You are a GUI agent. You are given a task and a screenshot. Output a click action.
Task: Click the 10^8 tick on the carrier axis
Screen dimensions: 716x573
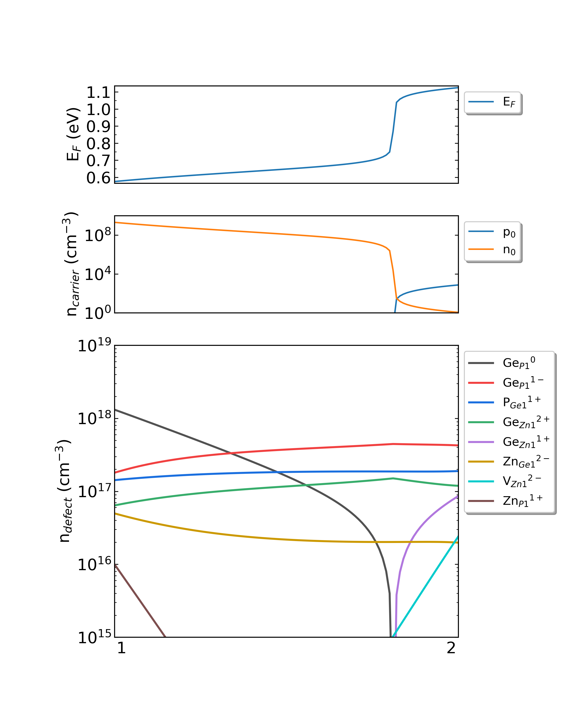[x=98, y=235]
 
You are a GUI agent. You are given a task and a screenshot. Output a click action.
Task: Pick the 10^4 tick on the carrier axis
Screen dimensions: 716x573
[x=98, y=274]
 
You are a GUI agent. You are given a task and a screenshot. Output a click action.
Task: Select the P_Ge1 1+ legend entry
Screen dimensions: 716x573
[x=503, y=402]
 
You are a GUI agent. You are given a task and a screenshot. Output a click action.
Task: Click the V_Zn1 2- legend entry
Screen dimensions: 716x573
[x=503, y=481]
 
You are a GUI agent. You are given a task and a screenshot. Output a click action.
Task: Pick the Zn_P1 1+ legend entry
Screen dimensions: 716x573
[x=503, y=500]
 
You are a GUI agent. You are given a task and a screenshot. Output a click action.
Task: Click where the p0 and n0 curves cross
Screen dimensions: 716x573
[x=397, y=299]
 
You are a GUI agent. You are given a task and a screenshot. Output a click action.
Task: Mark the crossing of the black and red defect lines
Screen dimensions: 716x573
[x=230, y=453]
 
